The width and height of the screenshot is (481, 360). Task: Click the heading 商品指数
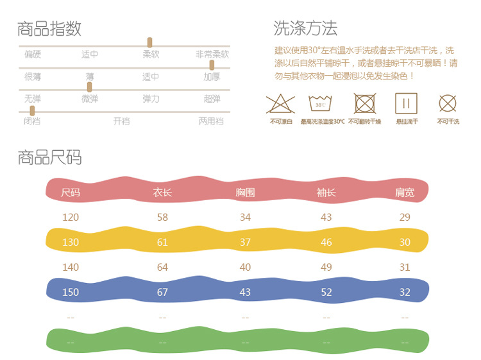(x=49, y=29)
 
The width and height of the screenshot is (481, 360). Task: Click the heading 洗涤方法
(x=305, y=28)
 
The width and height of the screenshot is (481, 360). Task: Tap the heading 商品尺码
(x=49, y=157)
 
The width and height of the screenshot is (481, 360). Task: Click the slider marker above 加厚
(x=212, y=65)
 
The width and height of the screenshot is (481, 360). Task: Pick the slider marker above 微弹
(x=89, y=87)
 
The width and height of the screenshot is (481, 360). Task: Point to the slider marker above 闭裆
(x=32, y=110)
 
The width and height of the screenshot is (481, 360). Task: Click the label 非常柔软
(x=212, y=55)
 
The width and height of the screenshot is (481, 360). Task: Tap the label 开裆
(x=121, y=121)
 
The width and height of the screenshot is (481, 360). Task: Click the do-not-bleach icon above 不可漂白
(x=280, y=103)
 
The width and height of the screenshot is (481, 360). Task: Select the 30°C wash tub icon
(x=321, y=103)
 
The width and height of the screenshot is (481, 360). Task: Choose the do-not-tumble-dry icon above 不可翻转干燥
(x=364, y=103)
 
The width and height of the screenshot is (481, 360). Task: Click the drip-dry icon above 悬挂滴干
(x=406, y=103)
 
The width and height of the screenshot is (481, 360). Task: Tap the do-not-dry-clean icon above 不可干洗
(x=448, y=103)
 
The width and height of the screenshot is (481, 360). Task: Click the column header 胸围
(x=245, y=192)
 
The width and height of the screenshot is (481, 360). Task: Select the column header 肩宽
(x=405, y=192)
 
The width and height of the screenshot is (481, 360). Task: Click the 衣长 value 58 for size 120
(x=162, y=217)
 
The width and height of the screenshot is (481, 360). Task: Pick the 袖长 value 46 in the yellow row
(x=326, y=242)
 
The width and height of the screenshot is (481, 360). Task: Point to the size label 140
(x=71, y=267)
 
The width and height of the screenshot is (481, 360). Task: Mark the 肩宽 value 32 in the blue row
(x=405, y=292)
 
